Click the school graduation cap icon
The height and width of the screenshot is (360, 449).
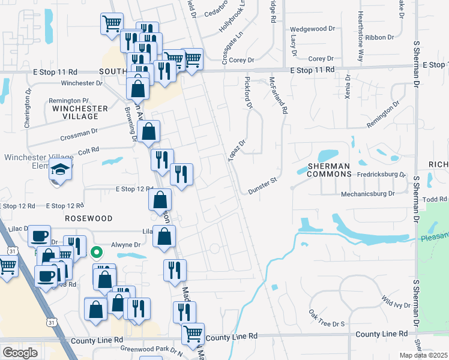pyautogui.click(x=61, y=170)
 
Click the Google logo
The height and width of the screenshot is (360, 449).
pyautogui.click(x=20, y=353)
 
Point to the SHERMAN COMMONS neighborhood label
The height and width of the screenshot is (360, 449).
pyautogui.click(x=329, y=169)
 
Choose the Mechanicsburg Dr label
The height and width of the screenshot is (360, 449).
pyautogui.click(x=367, y=194)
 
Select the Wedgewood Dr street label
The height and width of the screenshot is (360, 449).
pyautogui.click(x=312, y=29)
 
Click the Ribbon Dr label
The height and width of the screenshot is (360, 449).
pyautogui.click(x=379, y=37)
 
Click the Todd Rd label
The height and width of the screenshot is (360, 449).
pyautogui.click(x=435, y=199)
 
